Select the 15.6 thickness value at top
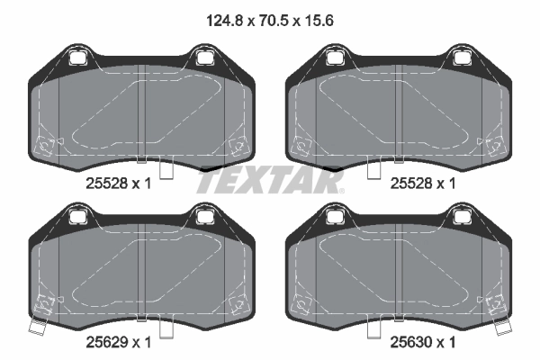(319, 21)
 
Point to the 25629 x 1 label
(118, 342)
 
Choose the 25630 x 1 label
(423, 342)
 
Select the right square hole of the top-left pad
(204, 58)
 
